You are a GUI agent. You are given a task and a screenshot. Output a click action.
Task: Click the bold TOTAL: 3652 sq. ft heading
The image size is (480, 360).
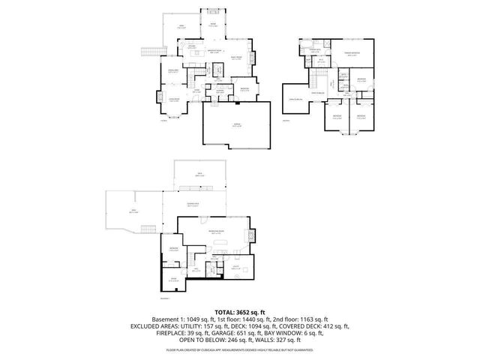[x=240, y=311]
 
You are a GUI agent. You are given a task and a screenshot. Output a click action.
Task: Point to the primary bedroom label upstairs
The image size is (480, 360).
[x=352, y=53]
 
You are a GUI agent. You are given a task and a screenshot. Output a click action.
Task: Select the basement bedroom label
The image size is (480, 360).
[x=173, y=248]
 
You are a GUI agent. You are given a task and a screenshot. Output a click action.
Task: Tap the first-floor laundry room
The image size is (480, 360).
[x=221, y=91]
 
